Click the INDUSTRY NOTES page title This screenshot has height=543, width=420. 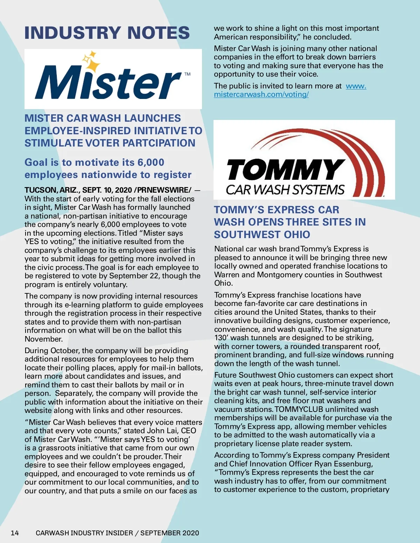(107, 33)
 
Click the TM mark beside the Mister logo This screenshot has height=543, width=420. (188, 74)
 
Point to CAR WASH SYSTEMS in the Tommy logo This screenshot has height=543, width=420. (285, 190)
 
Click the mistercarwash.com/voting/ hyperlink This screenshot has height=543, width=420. (261, 94)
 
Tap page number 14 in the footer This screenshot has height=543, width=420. (15, 533)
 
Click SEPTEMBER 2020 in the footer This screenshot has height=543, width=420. (170, 533)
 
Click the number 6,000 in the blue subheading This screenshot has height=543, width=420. (151, 162)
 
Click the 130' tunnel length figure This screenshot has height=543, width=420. (221, 338)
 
